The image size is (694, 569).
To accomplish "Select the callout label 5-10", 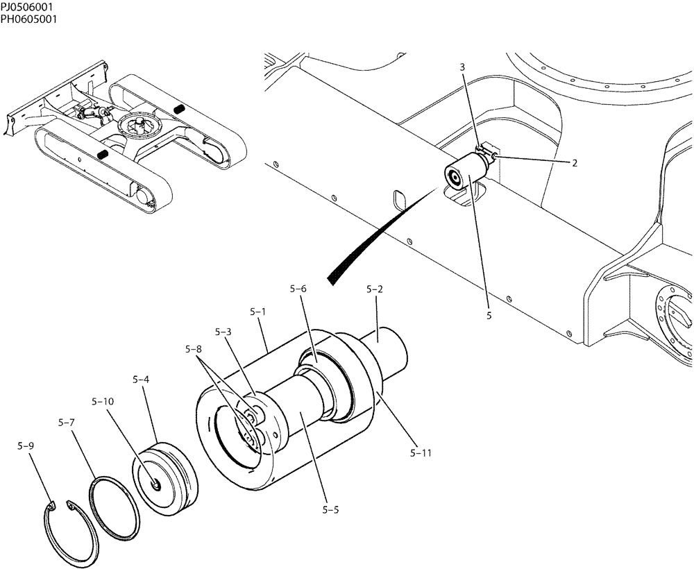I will (102, 401).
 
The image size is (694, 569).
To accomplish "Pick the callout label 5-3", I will (223, 332).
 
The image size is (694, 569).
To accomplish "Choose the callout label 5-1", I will (257, 312).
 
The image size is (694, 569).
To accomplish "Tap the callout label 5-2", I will (375, 288).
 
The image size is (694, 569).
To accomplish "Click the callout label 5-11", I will (421, 454).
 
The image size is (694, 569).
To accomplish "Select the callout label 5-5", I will (331, 510).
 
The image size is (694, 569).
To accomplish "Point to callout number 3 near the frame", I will (462, 67).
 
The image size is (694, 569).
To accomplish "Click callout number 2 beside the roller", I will (575, 164).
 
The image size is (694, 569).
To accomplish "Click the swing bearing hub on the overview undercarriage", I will (138, 126).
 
